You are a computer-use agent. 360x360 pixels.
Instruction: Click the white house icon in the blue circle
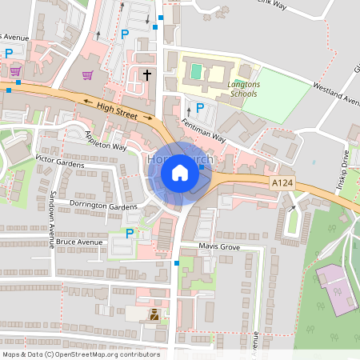point(180,172)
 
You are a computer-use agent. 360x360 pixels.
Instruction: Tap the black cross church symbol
point(146,75)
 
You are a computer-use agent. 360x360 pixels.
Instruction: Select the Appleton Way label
point(106,141)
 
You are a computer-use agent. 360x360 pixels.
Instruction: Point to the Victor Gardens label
point(59,163)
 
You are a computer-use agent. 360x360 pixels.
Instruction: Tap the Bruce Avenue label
point(80,241)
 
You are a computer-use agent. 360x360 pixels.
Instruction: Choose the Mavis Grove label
point(220,247)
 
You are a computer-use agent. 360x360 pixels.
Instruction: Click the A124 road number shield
point(278,183)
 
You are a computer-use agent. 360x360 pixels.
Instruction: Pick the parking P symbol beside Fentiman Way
point(200,108)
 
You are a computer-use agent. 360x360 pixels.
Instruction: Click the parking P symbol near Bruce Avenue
point(130,234)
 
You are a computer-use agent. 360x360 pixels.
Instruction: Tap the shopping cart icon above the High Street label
point(88,75)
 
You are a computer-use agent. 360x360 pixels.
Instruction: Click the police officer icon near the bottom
point(153,315)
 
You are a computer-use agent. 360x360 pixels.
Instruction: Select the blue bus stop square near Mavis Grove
point(176,262)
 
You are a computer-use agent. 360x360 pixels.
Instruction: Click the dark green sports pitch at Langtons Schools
point(196,72)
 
